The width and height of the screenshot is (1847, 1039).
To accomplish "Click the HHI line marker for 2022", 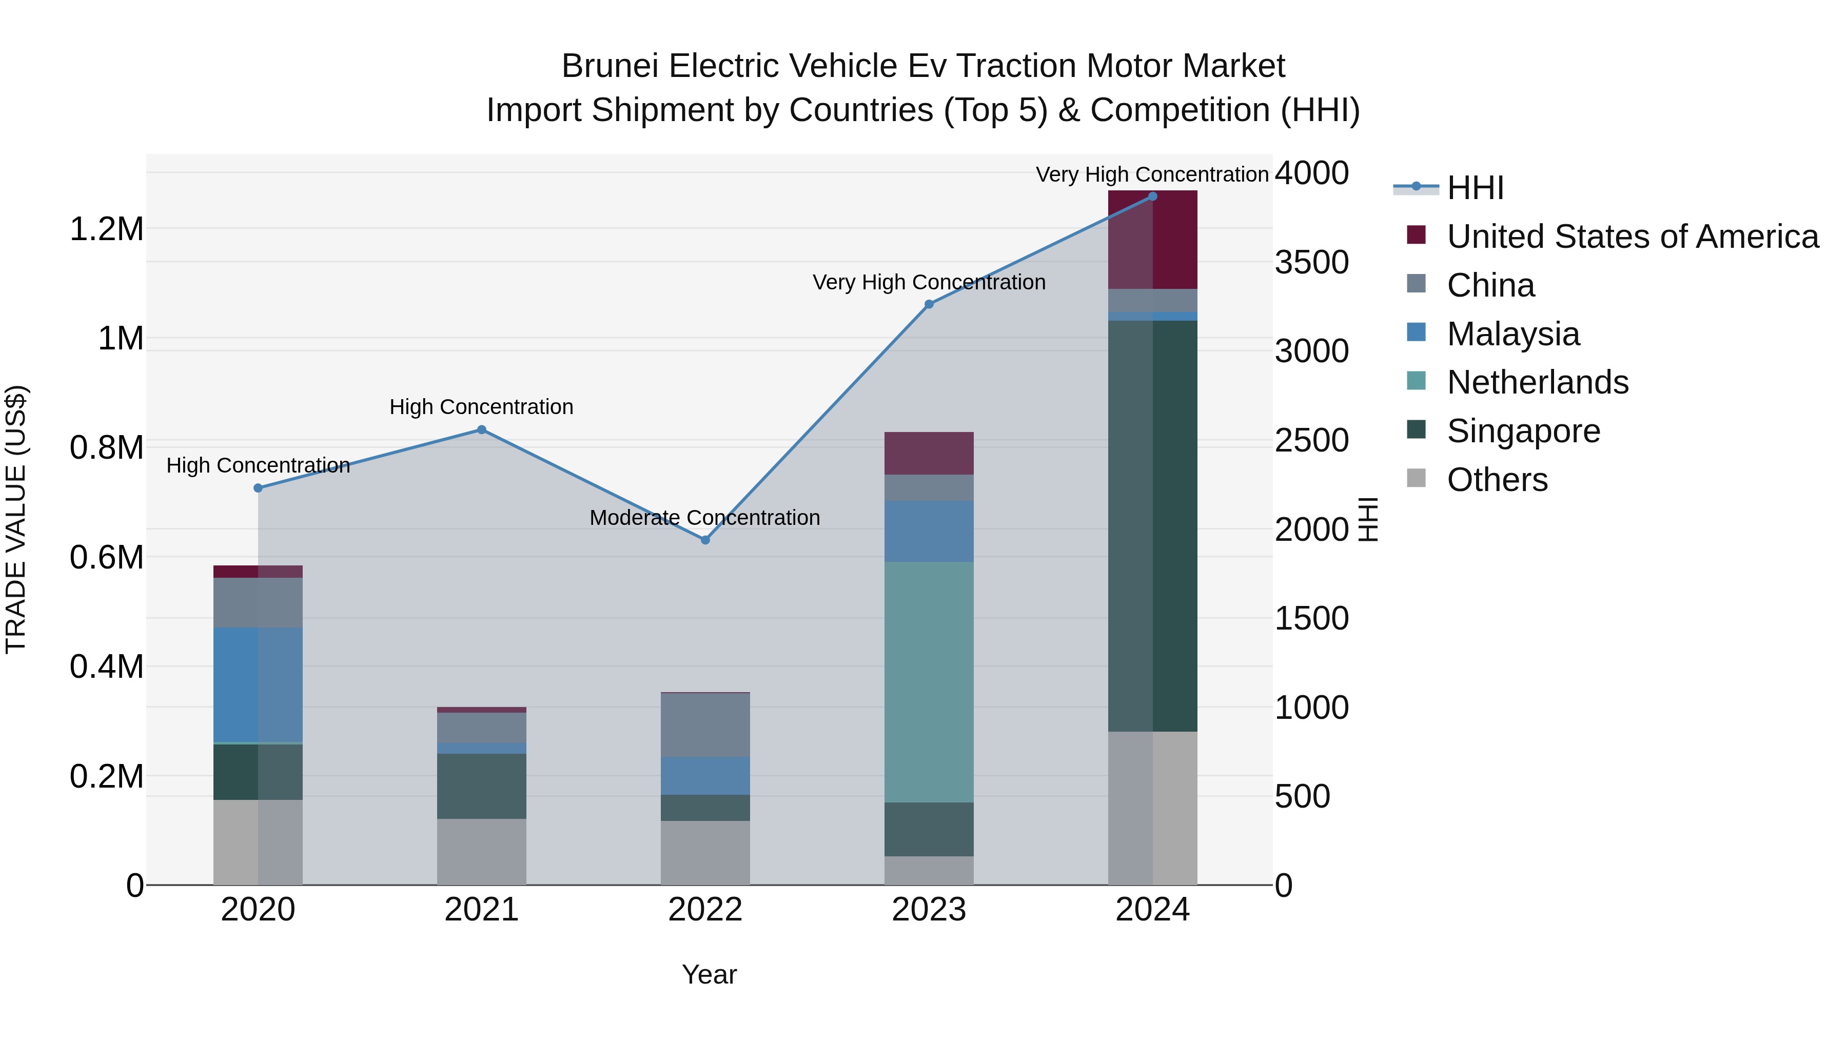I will coord(705,540).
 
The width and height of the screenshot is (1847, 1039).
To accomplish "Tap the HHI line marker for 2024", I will coord(1152,197).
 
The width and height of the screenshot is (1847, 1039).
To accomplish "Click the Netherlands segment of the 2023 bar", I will coord(929,681).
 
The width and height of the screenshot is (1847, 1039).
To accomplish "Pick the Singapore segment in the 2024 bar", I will coord(1152,525).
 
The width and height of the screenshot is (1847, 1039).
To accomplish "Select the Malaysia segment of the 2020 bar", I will coord(258,685).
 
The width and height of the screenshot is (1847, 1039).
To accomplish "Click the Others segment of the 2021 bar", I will coord(482,852).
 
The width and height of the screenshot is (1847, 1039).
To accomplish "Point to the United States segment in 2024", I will coord(1152,240).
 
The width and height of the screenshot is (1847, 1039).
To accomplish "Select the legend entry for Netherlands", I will coord(1537,382).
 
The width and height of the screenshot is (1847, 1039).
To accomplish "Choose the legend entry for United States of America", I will coord(1632,237).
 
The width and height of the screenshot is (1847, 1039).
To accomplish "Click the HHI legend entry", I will coord(1475,188).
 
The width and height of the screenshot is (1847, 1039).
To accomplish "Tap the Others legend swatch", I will coord(1416,478).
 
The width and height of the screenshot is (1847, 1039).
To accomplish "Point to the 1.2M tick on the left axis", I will coord(106,229).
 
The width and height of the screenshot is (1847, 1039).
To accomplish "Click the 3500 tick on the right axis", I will coord(1311,262).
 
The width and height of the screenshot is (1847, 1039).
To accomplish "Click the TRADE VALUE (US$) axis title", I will coord(16,519).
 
